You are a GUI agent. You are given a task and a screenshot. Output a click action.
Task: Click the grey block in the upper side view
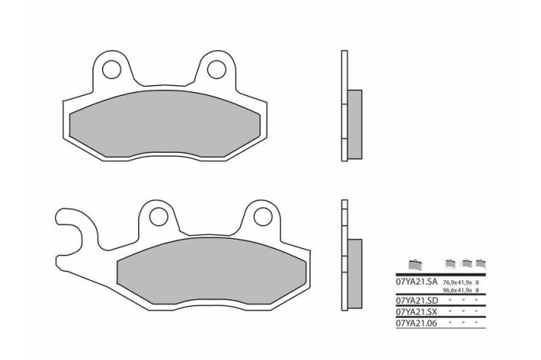pyautogui.click(x=355, y=114)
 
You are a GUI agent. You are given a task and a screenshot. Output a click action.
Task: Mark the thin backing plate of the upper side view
pyautogui.click(x=344, y=106)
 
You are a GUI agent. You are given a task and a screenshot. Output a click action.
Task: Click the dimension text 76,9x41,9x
pyautogui.click(x=457, y=283)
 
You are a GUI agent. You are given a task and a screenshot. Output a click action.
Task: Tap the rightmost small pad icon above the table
pyautogui.click(x=480, y=263)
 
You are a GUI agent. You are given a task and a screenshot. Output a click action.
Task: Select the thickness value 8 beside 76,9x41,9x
pyautogui.click(x=478, y=283)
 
